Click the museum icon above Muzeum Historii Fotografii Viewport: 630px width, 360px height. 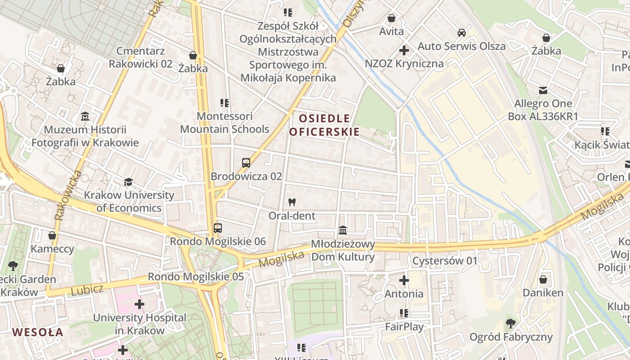[85, 117]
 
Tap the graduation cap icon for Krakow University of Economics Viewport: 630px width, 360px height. [129, 182]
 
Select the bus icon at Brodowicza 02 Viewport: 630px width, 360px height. [246, 163]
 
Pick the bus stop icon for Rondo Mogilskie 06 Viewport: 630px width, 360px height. [218, 228]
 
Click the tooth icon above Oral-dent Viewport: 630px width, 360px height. [292, 202]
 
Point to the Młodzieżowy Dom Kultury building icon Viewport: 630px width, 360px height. [343, 230]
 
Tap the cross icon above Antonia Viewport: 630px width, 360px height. [404, 280]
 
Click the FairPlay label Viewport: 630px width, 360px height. [404, 326]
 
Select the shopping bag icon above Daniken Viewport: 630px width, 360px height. [543, 279]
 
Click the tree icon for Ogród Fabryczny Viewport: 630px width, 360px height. [511, 323]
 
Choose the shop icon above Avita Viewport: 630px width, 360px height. [391, 18]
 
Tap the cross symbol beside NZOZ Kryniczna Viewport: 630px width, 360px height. [404, 50]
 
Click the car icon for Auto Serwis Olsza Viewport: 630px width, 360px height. [462, 33]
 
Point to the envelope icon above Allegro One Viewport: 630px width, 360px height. [543, 90]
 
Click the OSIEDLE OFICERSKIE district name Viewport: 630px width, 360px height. [324, 125]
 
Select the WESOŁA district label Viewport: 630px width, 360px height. [37, 333]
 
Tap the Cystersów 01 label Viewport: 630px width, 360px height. [445, 261]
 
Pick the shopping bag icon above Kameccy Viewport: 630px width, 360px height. [52, 235]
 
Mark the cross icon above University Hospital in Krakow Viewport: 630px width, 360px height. [139, 304]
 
